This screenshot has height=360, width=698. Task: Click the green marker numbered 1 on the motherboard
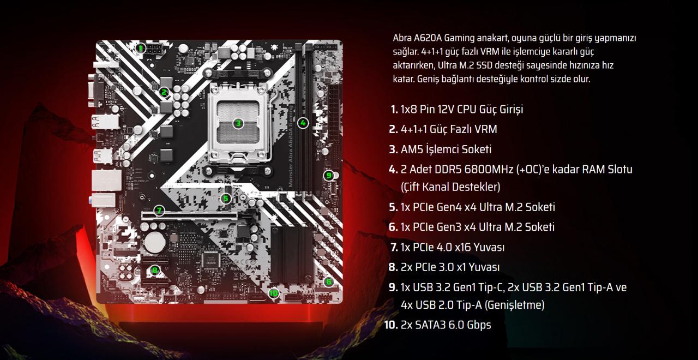[141, 48]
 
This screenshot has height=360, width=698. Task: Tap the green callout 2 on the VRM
[164, 92]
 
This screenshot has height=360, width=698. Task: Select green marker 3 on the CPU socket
[238, 123]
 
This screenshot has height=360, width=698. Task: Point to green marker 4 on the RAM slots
[304, 123]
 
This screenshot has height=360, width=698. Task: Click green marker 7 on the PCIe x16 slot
[159, 210]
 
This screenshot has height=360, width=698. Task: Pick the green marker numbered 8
[155, 269]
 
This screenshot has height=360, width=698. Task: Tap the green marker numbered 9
[328, 175]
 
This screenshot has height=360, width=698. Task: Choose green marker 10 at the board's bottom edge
[274, 293]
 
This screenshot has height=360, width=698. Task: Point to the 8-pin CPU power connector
[154, 50]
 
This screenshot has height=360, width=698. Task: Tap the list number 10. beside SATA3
[391, 325]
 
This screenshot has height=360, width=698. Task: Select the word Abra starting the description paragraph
[402, 38]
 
